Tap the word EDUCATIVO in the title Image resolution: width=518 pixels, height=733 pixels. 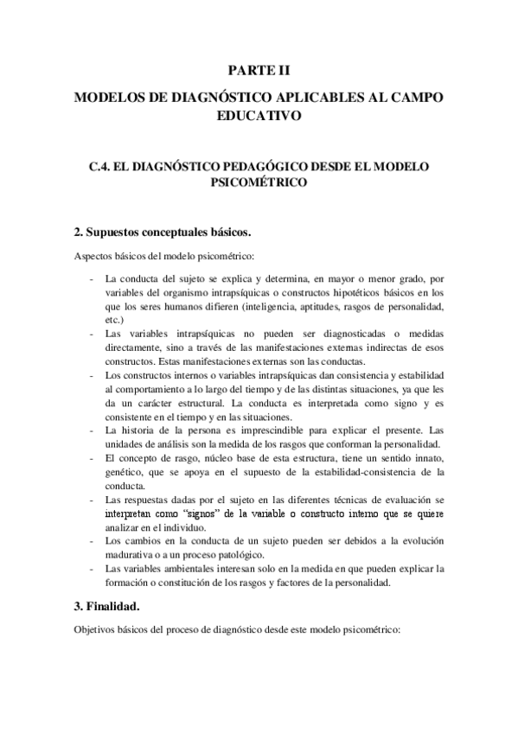click(259, 117)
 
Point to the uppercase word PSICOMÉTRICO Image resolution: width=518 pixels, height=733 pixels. click(259, 182)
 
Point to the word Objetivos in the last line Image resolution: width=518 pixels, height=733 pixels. click(95, 631)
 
